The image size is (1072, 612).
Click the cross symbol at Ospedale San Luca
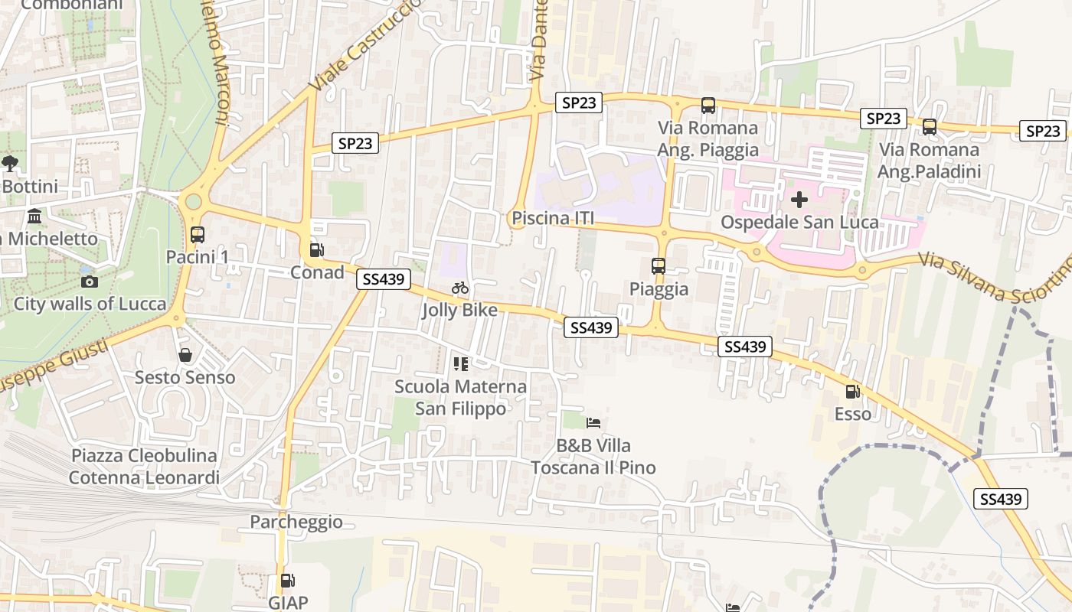(x=799, y=200)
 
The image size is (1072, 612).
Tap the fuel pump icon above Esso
(x=852, y=392)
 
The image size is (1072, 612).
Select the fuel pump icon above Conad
(x=315, y=250)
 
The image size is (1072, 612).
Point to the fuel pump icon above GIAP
(x=287, y=581)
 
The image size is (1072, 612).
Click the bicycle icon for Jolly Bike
(x=460, y=288)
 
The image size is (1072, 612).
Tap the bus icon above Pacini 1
(x=197, y=235)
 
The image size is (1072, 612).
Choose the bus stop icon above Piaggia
(x=659, y=266)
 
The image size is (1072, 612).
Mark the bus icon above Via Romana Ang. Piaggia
(x=708, y=106)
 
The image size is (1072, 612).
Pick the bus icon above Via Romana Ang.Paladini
(x=929, y=127)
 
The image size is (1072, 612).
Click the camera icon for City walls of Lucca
(x=90, y=282)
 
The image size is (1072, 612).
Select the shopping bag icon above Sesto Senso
(x=185, y=355)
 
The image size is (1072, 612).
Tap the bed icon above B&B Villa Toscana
(x=593, y=422)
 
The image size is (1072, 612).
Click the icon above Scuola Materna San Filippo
(x=460, y=363)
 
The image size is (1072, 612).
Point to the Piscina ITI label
(x=553, y=219)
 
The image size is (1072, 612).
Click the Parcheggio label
(x=296, y=522)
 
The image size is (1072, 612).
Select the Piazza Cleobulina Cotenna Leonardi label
(x=144, y=467)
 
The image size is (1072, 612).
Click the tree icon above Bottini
(x=10, y=163)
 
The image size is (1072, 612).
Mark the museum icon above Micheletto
(x=34, y=216)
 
